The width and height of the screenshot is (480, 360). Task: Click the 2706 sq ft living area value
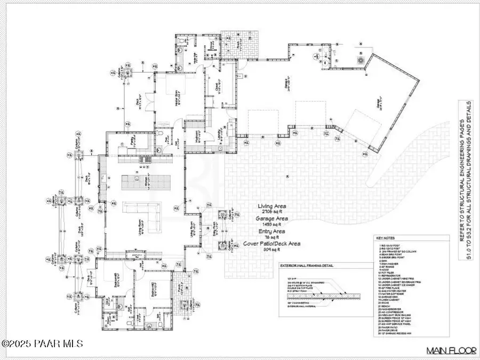[272, 212]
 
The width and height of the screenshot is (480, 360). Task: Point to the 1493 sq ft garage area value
[272, 225]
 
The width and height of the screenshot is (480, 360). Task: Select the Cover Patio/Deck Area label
[271, 244]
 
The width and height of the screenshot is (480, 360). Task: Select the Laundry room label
[219, 133]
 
